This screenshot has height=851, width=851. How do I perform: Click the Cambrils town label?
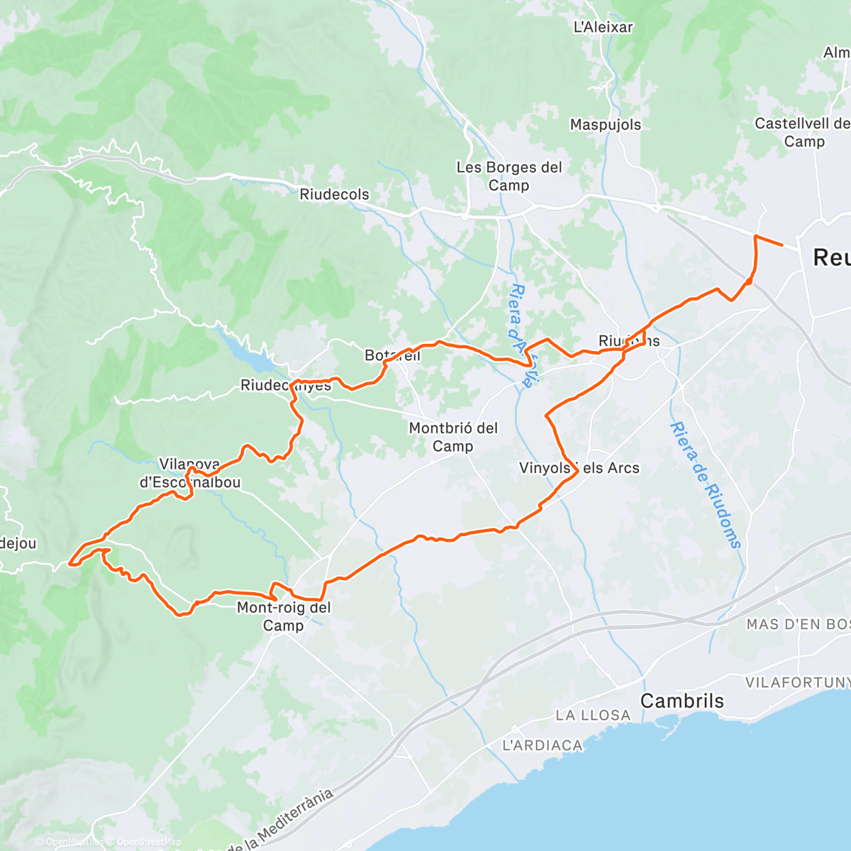coord(682,701)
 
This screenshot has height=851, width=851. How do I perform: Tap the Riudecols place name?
coord(334,194)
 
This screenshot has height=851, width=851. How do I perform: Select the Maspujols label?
coord(605,125)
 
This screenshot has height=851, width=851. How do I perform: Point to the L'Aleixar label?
coord(603,27)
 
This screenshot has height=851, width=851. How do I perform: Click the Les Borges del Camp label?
coord(508,176)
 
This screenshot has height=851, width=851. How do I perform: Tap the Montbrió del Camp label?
coord(453,437)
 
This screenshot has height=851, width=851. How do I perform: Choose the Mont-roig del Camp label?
coord(284,616)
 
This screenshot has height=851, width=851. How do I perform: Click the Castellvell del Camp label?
coord(802,133)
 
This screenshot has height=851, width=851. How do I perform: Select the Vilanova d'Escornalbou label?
coord(190,474)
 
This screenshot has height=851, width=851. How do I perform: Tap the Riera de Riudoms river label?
coord(705,485)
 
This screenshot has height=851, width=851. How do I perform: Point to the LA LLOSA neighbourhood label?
coord(593,715)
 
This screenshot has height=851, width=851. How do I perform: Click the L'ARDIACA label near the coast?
coord(542,745)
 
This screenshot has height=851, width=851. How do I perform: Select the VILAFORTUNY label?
coord(797,682)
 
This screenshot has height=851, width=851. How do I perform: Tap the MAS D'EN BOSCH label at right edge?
coord(797,624)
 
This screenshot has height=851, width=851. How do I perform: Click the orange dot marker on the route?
coord(749,282)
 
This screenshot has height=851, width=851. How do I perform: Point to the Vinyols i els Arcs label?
coord(579,468)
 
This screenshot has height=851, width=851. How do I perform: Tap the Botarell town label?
coord(392,355)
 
